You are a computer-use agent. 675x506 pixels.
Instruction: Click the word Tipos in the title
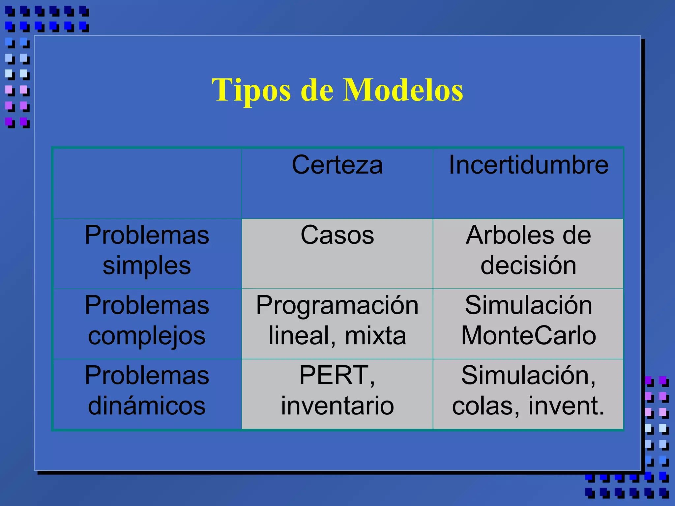coord(251,91)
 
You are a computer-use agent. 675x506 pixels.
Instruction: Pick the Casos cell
coord(337,235)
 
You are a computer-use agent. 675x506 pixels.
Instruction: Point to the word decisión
coord(528,266)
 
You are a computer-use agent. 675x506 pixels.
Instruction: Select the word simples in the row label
coord(147,266)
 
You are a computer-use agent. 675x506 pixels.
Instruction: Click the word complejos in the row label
coord(147,336)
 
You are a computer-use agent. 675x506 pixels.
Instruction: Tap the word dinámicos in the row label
coord(147,406)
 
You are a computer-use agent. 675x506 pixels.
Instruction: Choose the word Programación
coord(337,306)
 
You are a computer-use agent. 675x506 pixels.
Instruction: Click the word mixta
coord(375,336)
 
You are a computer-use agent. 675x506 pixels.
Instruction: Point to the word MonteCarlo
coord(528,336)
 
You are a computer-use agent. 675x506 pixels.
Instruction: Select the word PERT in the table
coord(334,376)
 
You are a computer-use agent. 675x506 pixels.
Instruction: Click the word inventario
coord(337,406)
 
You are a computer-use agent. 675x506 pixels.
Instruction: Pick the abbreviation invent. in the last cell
coord(566,406)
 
